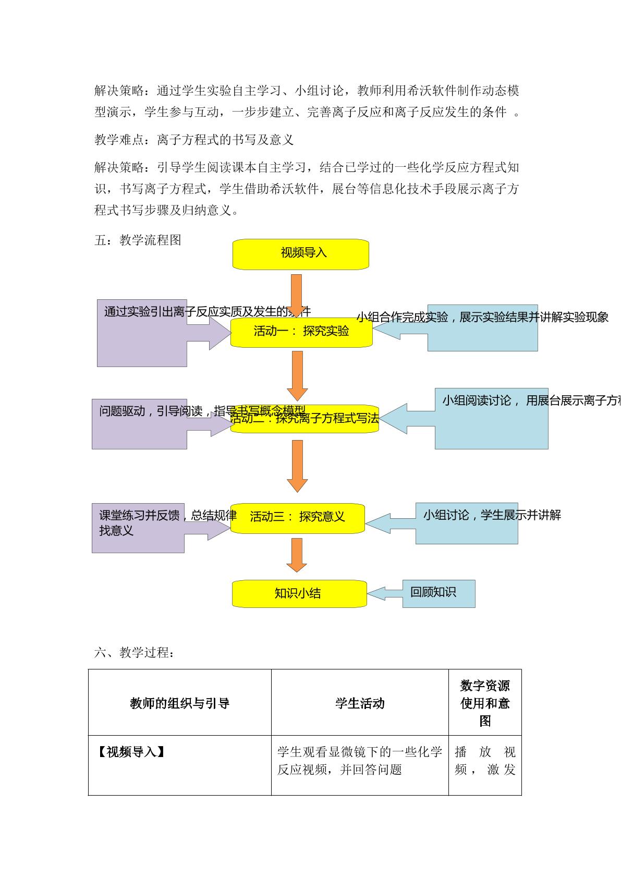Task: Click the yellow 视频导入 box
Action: coord(301,254)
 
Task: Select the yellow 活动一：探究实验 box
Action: coord(301,332)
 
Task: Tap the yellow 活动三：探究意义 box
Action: coord(297,518)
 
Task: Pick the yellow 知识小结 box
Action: coord(299,593)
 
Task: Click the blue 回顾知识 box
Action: coord(438,593)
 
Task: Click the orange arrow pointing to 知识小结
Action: coord(297,555)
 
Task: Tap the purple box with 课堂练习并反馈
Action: coord(138,528)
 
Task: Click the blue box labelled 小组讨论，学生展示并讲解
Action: coord(467,523)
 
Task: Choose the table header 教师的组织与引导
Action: coord(179,703)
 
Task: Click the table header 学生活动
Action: coord(360,703)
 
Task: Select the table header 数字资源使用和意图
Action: coord(485,703)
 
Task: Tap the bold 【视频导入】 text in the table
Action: coord(131,752)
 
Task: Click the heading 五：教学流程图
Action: coord(138,240)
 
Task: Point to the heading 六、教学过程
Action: coord(134,652)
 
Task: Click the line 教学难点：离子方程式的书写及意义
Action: coord(194,140)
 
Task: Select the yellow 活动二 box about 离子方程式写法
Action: coord(305,419)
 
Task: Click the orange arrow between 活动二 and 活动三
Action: coord(297,466)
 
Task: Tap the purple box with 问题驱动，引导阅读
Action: coord(139,423)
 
